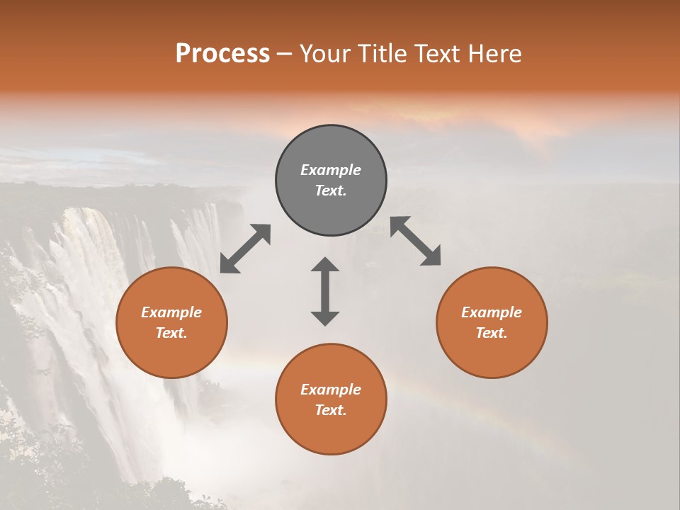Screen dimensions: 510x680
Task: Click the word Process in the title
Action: coord(222,54)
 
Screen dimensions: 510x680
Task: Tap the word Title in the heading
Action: coord(382,54)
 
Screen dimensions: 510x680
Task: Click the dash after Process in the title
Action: coord(285,55)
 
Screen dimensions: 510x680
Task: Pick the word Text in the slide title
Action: coord(436,54)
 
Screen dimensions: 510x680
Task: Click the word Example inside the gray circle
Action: coord(331,170)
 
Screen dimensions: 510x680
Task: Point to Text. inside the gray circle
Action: coord(331,191)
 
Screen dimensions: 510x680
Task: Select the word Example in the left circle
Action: coord(171,312)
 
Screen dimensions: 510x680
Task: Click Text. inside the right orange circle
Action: coord(492,333)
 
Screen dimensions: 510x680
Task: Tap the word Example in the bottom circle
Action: coord(331,390)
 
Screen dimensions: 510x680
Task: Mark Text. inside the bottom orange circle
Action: coord(331,410)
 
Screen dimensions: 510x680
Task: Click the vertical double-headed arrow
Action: coord(325,291)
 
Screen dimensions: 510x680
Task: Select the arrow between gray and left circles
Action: coord(245,249)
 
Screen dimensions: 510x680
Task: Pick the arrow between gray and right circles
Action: coord(415,241)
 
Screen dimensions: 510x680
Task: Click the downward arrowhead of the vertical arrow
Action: coord(325,317)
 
